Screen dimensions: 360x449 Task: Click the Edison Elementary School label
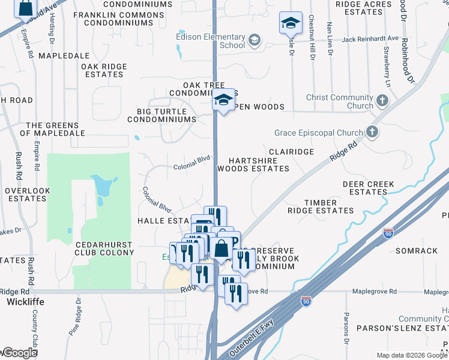click(x=211, y=41)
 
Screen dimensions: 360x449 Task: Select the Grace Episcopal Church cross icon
click(x=372, y=132)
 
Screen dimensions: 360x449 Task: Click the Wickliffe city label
click(x=23, y=302)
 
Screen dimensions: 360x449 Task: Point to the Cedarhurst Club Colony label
click(x=105, y=248)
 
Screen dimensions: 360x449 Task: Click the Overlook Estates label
click(x=27, y=194)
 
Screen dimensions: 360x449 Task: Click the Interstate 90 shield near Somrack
click(x=388, y=232)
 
